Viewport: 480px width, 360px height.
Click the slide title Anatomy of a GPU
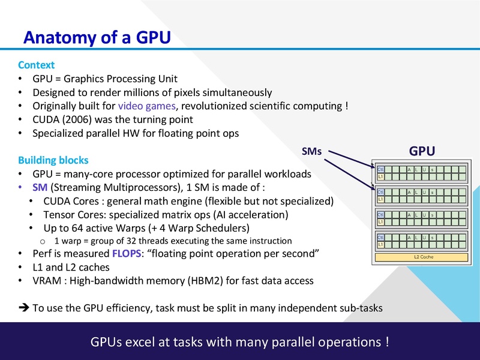(97, 37)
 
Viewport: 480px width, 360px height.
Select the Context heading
(36, 65)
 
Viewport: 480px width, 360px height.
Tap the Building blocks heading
(53, 160)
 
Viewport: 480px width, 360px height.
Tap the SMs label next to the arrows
(311, 152)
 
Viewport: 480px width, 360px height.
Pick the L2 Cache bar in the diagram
(423, 257)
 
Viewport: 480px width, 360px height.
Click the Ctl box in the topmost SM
(380, 170)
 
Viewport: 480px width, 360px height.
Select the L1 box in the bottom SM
(380, 244)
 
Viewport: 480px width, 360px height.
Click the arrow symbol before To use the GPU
(24, 308)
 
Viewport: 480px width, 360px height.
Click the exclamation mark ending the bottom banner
(387, 343)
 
